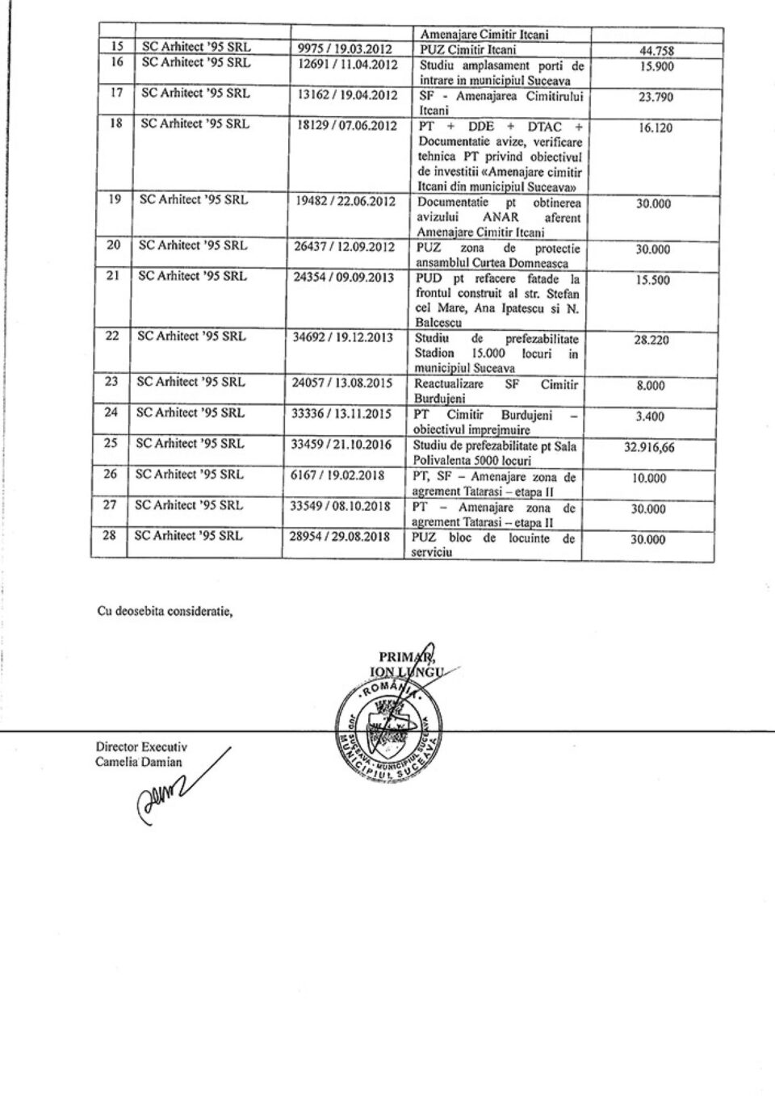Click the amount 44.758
(656, 51)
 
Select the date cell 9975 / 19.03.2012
(346, 48)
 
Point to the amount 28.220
(651, 341)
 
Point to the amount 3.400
(650, 416)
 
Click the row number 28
(111, 535)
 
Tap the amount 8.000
(650, 386)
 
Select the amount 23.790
(655, 98)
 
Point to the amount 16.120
(655, 128)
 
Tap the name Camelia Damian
(139, 761)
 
